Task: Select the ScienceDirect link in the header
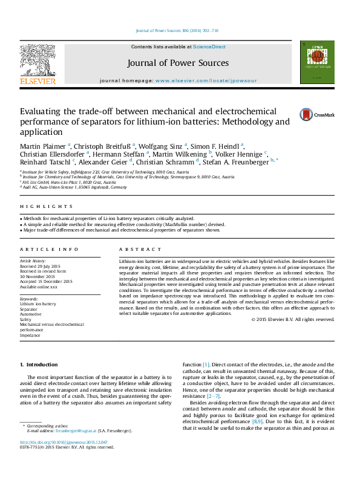210,47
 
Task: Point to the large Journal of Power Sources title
178,63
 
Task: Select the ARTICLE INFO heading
41,249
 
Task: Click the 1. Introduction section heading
39,365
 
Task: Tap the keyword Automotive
31,314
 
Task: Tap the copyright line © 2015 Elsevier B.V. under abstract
292,319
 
